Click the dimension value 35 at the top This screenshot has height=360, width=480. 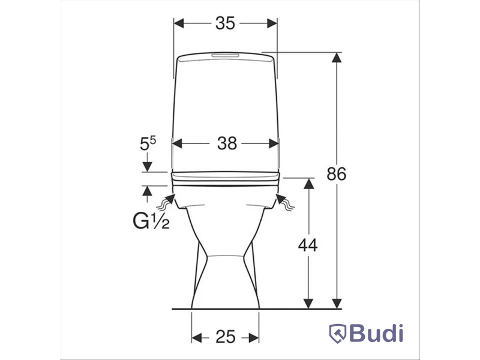pos(225,23)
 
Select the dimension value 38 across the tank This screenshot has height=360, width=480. pos(227,143)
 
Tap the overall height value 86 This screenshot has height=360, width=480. pos(336,173)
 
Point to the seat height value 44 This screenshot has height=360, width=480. pos(308,245)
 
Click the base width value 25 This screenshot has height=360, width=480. pos(226,337)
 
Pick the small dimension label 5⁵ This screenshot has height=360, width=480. pos(148,143)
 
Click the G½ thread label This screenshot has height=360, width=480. pos(151,221)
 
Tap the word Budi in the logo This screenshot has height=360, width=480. pos(376,333)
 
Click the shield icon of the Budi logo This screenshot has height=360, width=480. pos(338,334)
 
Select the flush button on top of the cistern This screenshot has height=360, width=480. pos(225,55)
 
